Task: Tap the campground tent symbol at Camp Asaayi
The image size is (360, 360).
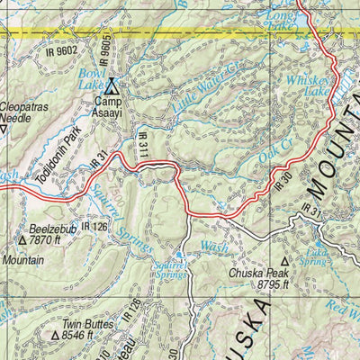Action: (112, 87)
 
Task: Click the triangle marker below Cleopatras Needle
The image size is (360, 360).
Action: (4, 128)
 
